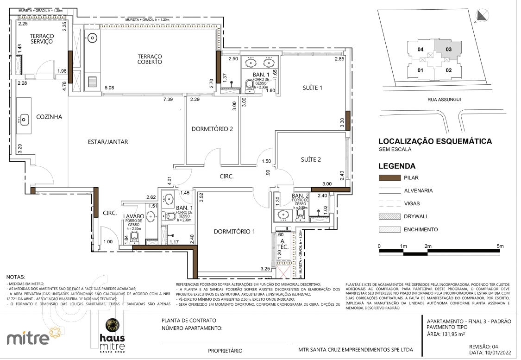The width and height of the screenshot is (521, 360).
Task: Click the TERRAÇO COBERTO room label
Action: (150, 58)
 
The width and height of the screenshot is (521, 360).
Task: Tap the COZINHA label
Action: (49, 117)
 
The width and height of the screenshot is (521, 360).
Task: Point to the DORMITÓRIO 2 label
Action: (212, 129)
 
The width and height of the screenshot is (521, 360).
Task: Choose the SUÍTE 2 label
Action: (311, 159)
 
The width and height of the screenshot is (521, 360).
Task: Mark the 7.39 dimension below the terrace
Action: (168, 100)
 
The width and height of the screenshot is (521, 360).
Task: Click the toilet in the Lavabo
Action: (134, 237)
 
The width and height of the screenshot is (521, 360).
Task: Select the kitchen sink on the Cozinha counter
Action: (24, 120)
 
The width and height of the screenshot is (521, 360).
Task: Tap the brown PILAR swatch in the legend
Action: (389, 177)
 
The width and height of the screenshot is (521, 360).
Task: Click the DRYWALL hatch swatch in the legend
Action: (389, 216)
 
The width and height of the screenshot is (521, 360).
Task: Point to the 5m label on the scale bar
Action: (499, 246)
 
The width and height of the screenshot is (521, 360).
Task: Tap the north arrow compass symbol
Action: (483, 15)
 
